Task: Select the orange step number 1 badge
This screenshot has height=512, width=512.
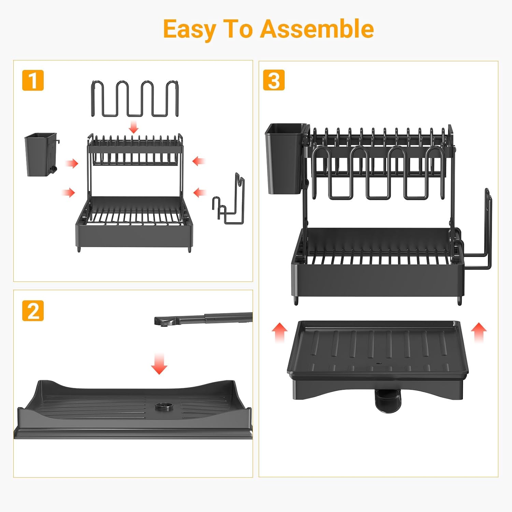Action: (x=33, y=80)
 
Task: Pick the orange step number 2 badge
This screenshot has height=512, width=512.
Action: (x=33, y=311)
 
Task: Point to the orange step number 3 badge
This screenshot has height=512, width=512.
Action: (x=274, y=80)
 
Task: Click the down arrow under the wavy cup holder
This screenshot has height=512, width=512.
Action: (x=134, y=127)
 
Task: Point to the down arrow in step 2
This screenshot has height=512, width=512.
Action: (x=159, y=364)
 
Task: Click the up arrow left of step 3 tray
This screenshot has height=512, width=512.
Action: (x=280, y=333)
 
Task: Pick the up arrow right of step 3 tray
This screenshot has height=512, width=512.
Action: (x=479, y=333)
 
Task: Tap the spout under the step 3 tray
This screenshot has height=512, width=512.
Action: (x=389, y=401)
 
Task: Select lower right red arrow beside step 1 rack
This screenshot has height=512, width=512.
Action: (x=199, y=193)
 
